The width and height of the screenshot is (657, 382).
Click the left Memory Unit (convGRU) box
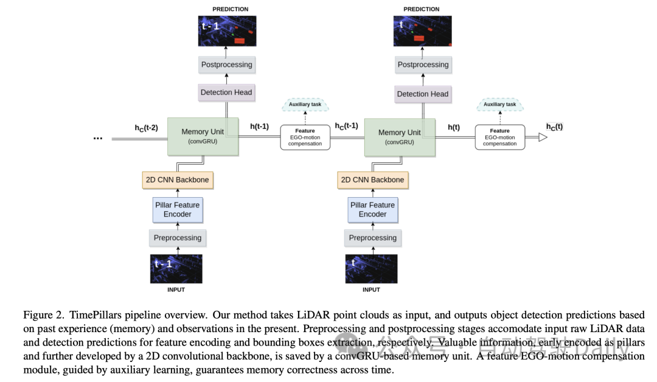point(203,136)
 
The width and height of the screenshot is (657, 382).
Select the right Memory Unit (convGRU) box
point(399,136)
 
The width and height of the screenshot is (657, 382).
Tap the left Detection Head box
point(226,92)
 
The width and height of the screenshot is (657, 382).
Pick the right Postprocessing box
point(423,64)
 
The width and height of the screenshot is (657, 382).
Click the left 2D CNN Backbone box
point(177,179)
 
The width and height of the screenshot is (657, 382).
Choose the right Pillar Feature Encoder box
point(372,210)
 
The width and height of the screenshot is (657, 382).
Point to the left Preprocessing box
point(177,238)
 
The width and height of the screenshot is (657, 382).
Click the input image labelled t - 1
point(176,269)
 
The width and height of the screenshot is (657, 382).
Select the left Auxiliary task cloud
point(305,105)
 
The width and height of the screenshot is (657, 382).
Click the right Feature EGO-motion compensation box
point(499,137)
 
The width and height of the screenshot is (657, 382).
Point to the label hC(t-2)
point(146,128)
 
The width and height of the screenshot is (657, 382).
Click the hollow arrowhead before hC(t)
point(543,138)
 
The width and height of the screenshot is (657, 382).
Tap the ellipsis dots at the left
point(98,138)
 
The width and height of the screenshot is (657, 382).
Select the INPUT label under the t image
point(371,290)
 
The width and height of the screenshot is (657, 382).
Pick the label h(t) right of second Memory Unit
point(454,127)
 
